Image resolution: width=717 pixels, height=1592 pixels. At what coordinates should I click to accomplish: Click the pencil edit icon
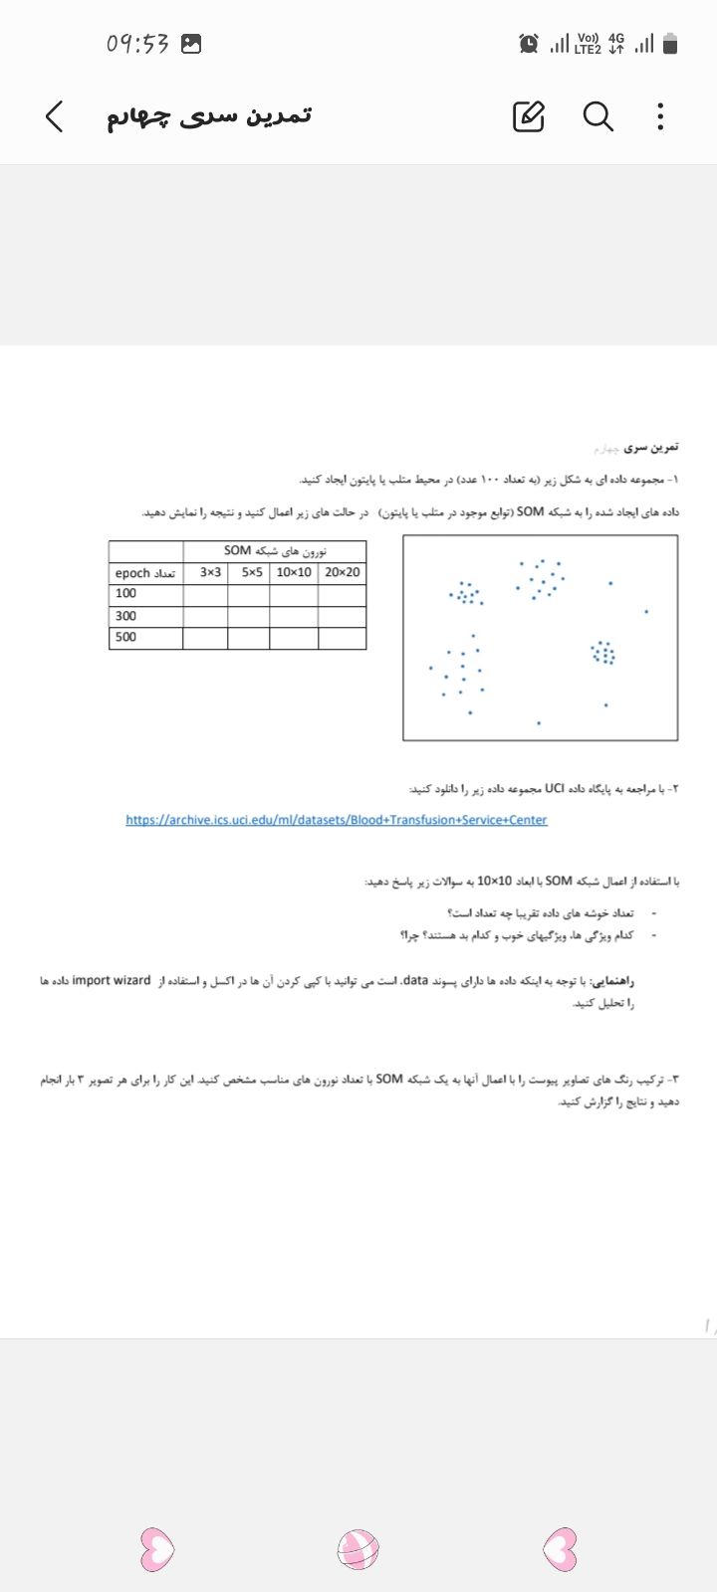coord(529,116)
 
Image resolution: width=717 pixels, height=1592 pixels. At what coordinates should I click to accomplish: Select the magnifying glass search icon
coord(597,116)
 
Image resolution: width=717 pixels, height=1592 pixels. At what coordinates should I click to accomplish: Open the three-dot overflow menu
coord(660,116)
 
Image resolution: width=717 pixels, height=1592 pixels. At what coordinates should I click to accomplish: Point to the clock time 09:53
coord(137,44)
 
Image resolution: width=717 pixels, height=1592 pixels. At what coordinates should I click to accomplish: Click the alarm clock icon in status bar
coord(529,44)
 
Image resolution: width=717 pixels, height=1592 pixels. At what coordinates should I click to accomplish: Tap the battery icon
coord(670,44)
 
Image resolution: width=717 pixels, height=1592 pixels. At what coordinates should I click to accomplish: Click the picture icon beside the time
coord(191,44)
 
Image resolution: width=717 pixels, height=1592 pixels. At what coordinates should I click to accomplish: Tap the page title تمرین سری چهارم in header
coord(209,115)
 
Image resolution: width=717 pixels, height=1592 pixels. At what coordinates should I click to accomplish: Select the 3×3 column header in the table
coord(210,573)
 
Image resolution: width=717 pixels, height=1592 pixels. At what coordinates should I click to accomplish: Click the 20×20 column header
coord(343,573)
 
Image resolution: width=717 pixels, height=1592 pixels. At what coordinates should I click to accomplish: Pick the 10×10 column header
coord(294,573)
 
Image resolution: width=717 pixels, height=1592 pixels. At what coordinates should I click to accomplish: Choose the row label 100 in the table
coord(126,593)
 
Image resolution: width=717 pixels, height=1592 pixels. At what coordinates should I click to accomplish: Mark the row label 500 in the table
coord(126,637)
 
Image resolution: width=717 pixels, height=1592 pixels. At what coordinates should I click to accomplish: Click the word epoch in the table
coord(132,574)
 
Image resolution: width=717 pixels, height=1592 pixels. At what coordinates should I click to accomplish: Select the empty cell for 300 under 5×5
coord(249,616)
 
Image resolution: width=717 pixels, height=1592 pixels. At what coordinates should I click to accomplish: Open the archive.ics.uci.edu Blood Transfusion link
coord(337,820)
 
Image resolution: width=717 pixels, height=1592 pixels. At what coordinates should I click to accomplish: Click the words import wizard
coord(112,980)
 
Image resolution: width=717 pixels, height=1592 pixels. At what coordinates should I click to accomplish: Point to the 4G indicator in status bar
coord(616,43)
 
